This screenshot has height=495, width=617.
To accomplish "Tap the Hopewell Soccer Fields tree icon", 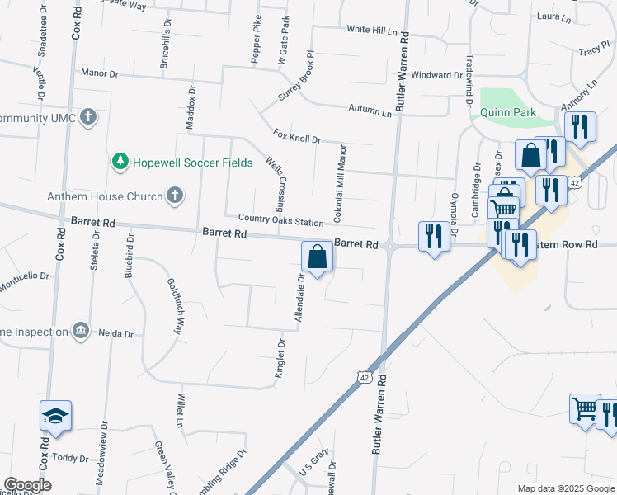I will coord(120,162).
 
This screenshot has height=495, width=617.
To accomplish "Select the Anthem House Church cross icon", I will coord(173,196).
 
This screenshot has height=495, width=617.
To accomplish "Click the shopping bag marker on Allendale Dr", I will coord(317,257).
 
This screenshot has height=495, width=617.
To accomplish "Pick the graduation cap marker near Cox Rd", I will coord(55,415).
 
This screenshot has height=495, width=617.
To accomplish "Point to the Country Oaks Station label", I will coord(280,221).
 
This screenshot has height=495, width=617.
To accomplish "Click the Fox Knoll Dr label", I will coord(297,135).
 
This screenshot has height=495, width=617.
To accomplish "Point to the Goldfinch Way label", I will coord(175,305).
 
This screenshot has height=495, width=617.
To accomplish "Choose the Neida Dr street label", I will coord(116,333).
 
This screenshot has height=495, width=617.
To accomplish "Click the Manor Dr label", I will coord(100,73).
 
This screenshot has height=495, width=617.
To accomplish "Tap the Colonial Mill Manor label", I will coord(339,183).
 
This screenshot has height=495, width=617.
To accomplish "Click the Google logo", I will coord(27,485).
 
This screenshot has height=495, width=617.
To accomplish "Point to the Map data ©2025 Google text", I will coord(565,488).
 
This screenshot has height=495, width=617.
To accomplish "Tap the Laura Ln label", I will coord(554,16).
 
